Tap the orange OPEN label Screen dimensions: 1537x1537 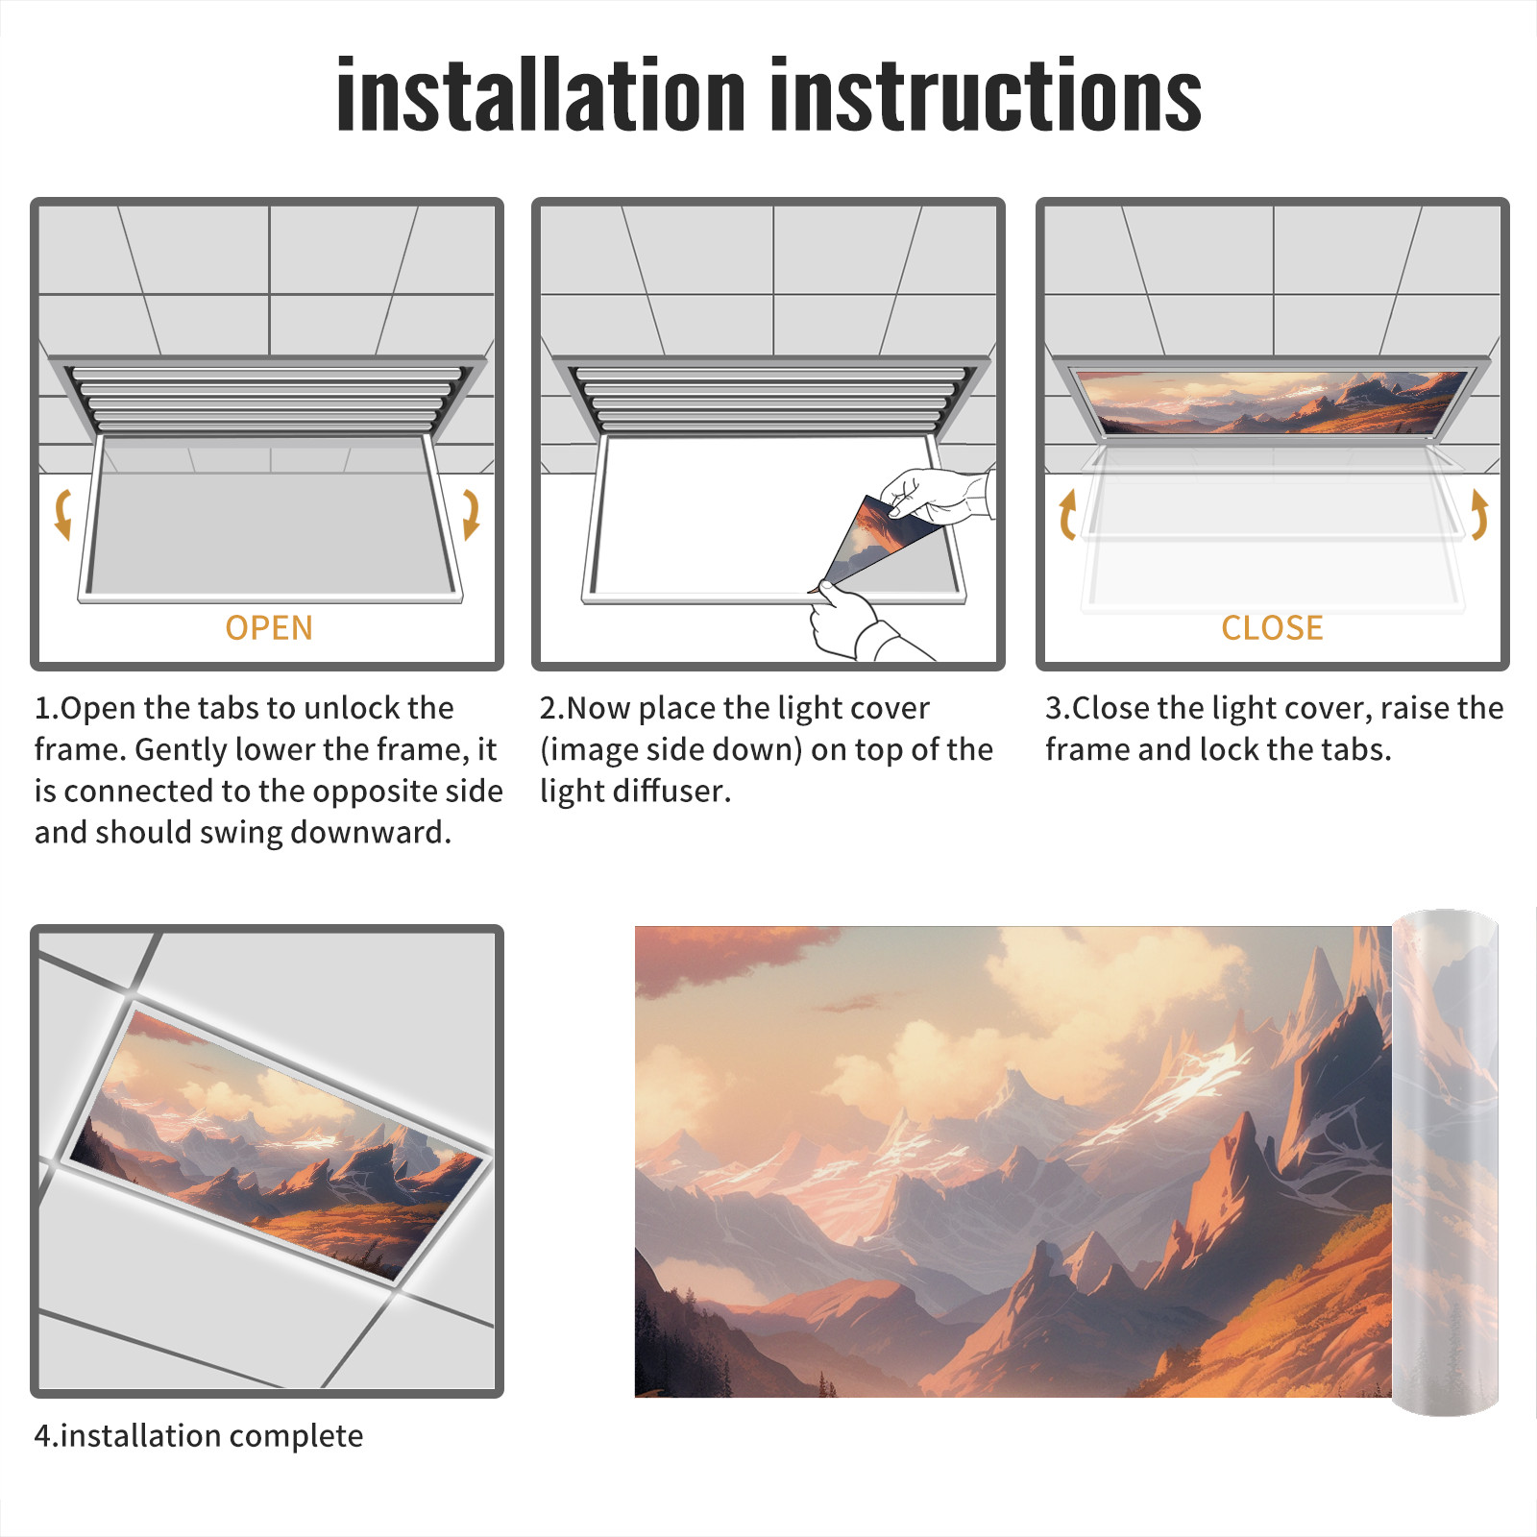[269, 628]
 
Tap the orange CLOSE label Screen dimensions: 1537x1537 [1272, 628]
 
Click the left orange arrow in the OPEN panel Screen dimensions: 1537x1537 [61, 514]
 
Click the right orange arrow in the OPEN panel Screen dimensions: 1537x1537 [471, 514]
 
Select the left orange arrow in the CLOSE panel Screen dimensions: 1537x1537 [1066, 514]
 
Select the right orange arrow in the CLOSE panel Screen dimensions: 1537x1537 [1480, 514]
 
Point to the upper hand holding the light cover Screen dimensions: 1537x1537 [937, 496]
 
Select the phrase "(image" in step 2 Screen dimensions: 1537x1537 [587, 750]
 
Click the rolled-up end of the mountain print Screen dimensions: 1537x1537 [1445, 1162]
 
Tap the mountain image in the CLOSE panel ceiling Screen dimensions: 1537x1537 [1272, 402]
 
